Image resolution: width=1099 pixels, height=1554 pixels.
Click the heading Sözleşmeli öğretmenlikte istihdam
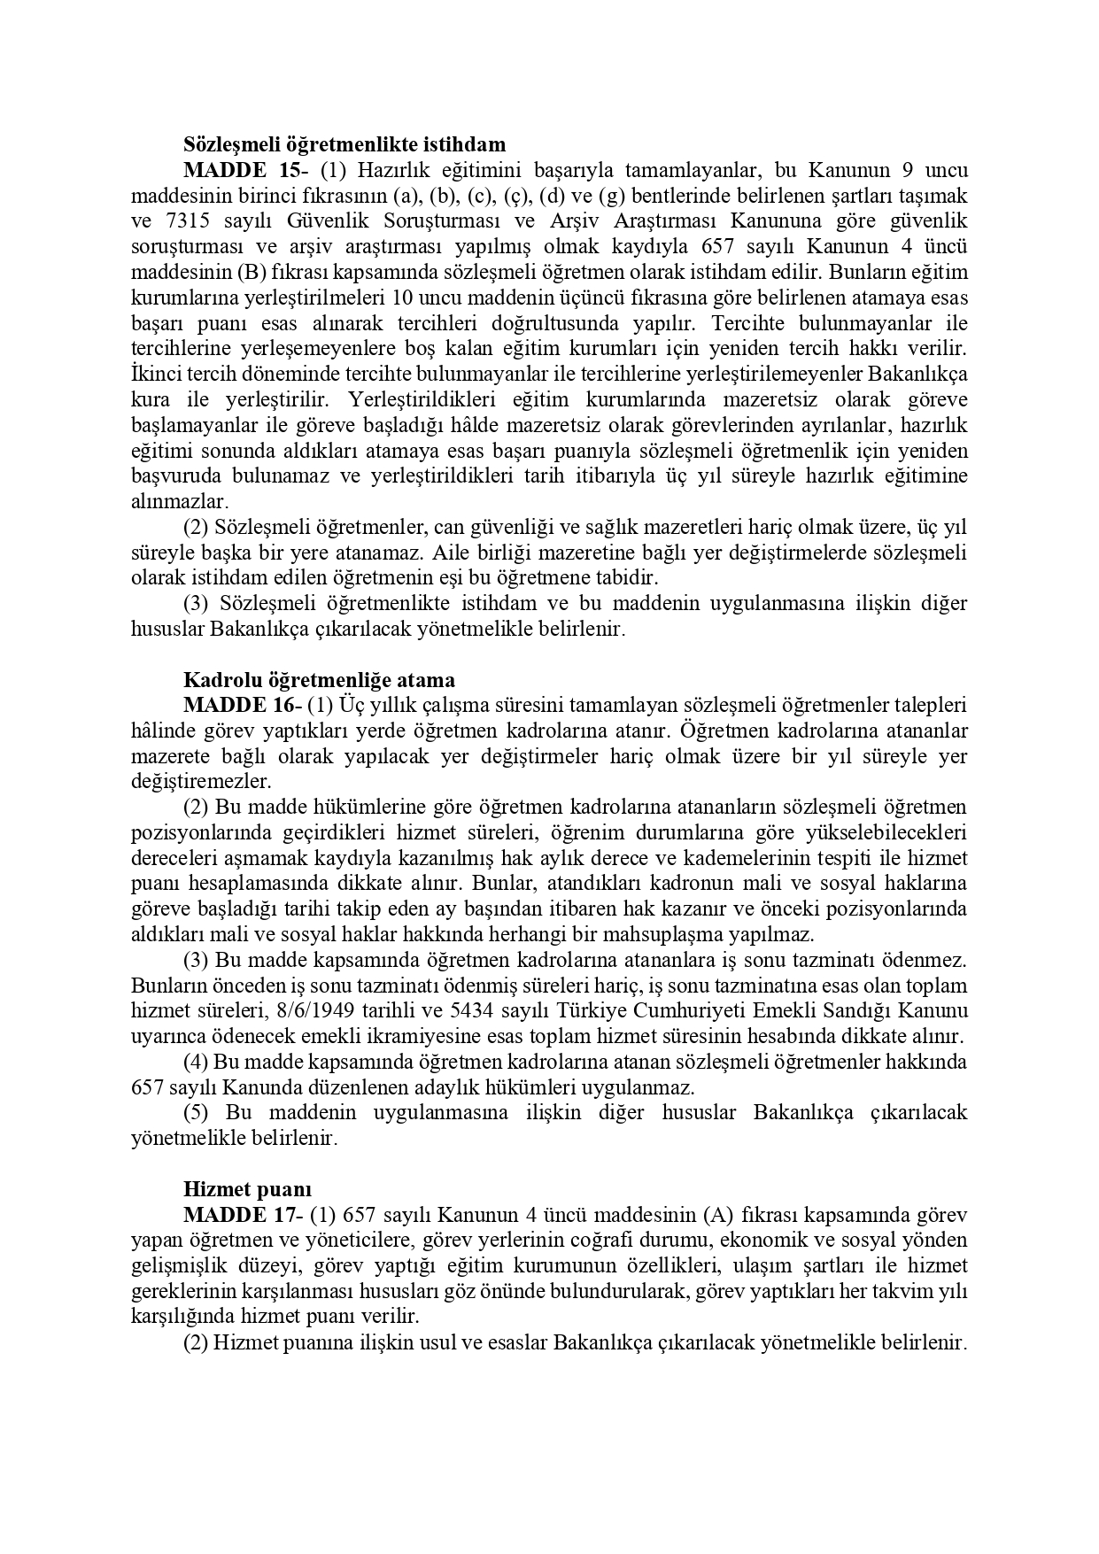pyautogui.click(x=344, y=144)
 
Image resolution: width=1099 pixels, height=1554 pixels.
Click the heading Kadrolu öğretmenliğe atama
pyautogui.click(x=319, y=680)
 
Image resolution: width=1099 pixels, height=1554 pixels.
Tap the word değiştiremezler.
pyautogui.click(x=200, y=782)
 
